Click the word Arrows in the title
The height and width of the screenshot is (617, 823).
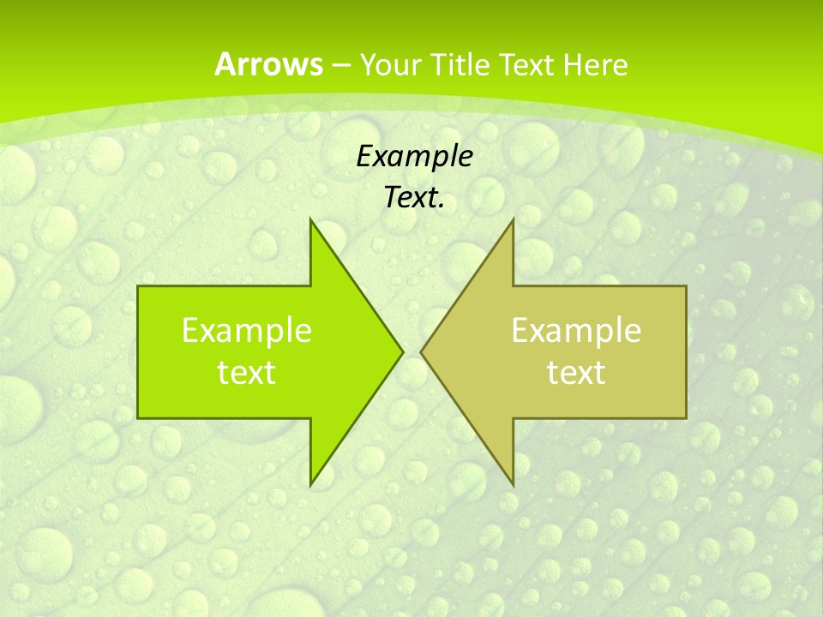coord(268,64)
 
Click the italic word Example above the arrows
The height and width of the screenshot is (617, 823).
coord(415,156)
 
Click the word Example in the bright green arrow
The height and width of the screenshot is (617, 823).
coord(247,331)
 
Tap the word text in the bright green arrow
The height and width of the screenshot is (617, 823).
coord(247,373)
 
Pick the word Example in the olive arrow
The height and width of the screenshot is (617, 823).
coord(576,331)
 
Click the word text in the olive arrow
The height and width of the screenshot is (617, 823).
coord(576,373)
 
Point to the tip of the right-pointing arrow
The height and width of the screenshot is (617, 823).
coord(400,351)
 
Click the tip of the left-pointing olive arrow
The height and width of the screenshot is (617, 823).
coord(423,351)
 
